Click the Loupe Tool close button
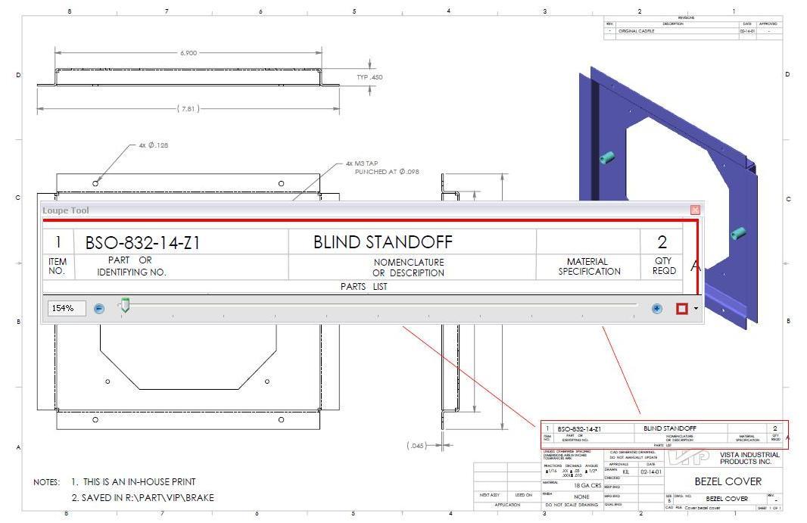[695, 210]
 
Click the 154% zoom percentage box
[66, 308]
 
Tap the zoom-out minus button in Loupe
[99, 308]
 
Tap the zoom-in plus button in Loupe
[656, 308]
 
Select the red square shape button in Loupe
[681, 308]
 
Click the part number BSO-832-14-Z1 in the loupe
[142, 242]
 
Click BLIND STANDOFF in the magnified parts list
[382, 242]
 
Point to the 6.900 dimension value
[189, 53]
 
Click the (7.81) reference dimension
[188, 109]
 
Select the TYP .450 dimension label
[369, 77]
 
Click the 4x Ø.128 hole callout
[154, 145]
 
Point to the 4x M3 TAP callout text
[362, 163]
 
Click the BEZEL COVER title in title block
[728, 481]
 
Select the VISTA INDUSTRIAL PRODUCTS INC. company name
[749, 458]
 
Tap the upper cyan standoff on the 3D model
[606, 157]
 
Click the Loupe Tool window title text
[66, 210]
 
